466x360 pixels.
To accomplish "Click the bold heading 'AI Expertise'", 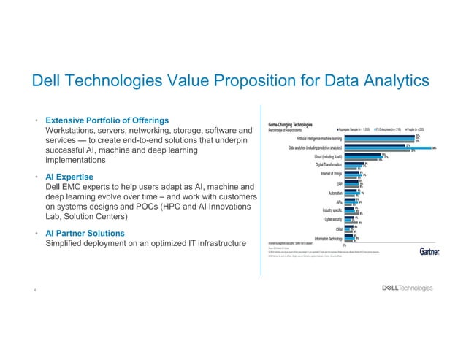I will click(70, 177).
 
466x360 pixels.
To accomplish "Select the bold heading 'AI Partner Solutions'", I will click(85, 233).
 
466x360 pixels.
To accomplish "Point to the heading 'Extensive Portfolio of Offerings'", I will click(108, 120).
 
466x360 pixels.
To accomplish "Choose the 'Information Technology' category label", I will click(329, 238).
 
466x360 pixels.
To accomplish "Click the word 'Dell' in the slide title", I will click(42, 81).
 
